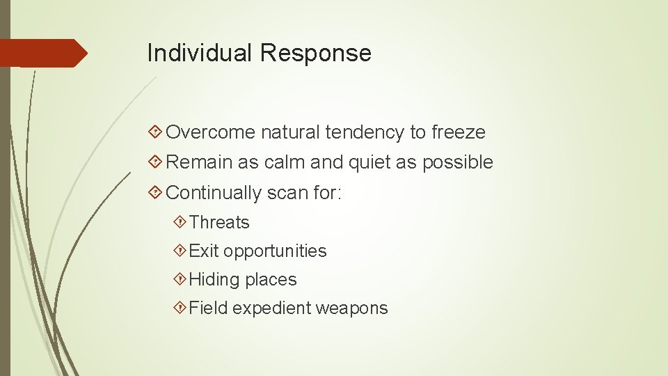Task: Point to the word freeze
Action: pos(458,132)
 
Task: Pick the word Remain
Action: pos(200,162)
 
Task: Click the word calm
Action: pos(285,162)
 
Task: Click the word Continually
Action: pos(214,192)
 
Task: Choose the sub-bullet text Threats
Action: pos(219,223)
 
